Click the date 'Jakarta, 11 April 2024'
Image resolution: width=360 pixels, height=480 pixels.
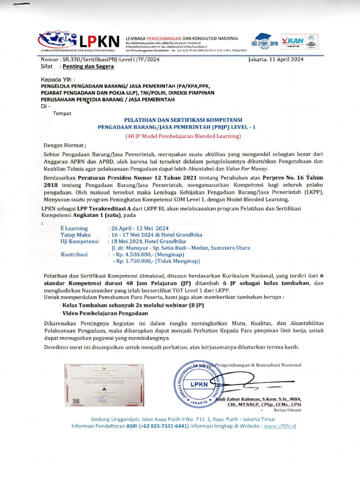[276, 60]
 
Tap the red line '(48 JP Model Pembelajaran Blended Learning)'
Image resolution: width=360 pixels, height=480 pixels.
[182, 136]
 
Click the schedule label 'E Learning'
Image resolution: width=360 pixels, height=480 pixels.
[75, 228]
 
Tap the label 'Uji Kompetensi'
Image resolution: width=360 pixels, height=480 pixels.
[79, 241]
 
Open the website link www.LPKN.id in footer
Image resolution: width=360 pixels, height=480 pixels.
[280, 426]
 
